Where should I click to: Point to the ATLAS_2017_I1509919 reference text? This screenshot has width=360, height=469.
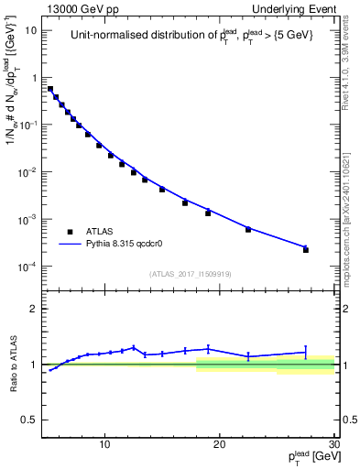191,273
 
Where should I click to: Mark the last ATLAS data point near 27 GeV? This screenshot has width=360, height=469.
306,249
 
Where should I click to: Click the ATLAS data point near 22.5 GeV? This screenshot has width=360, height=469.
248,229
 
